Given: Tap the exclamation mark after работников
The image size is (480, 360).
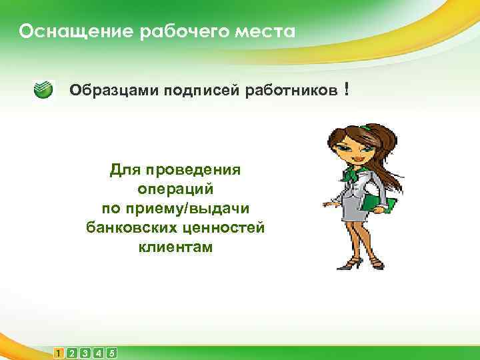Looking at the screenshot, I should pos(347,89).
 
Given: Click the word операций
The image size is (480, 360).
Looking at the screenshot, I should pos(175,189).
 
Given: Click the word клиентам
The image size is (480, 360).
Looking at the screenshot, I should pos(176,247).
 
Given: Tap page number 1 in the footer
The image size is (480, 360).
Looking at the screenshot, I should pos(61,353).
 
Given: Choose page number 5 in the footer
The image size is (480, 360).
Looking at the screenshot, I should pos(111,353).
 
